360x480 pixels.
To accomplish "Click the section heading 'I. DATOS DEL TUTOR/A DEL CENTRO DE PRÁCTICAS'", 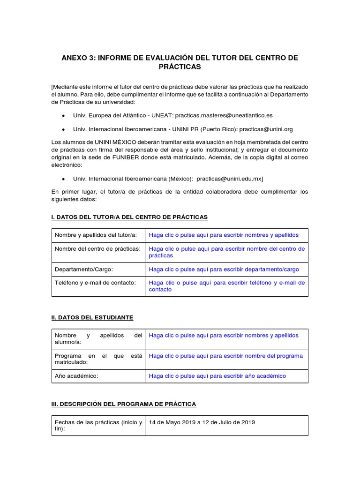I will tap(129, 217).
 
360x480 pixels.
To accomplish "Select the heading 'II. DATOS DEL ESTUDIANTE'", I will tap(92, 317).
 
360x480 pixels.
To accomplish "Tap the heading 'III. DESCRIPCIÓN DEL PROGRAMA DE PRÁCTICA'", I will tap(124, 404).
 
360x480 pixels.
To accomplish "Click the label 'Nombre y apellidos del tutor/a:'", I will tap(96, 235).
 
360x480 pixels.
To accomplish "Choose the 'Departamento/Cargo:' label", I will tap(84, 270).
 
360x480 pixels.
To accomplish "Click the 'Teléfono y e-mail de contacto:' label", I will tap(95, 283).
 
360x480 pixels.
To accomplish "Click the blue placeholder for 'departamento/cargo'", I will tap(224, 270).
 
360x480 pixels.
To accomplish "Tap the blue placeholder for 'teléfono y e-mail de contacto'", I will tap(226, 286).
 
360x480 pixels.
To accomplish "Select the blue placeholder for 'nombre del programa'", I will tap(225, 356).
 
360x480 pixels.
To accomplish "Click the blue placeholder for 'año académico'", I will tap(217, 376).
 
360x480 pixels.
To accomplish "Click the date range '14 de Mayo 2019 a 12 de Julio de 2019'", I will tap(202, 422).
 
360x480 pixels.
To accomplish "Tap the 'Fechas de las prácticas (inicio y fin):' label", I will tap(98, 425).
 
